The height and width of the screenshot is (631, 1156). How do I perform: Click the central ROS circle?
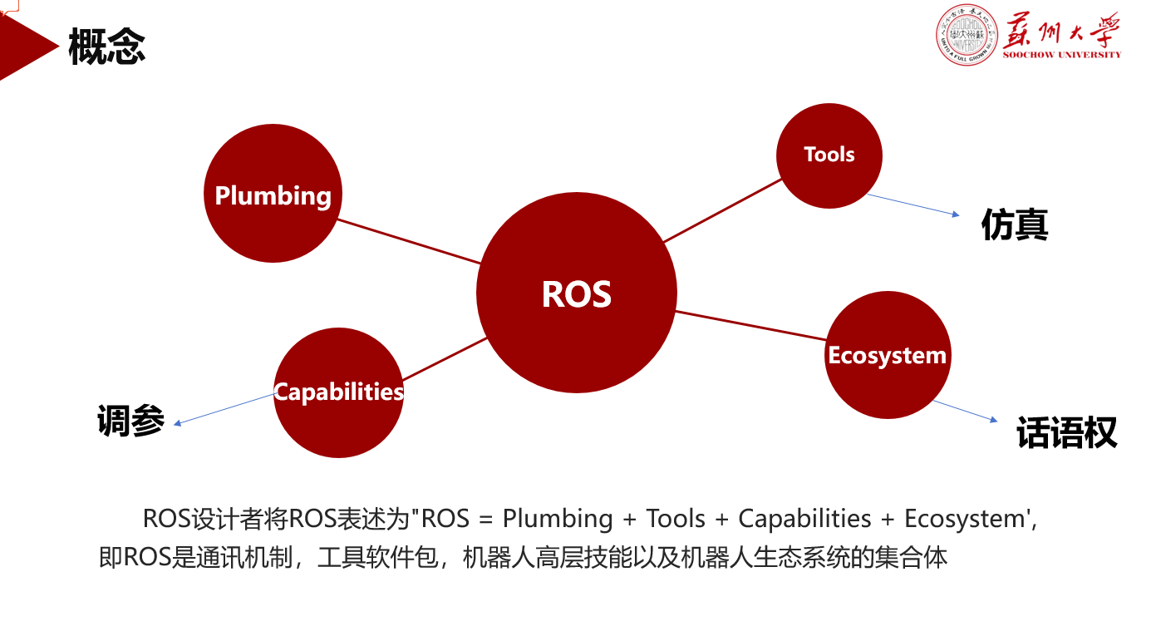(577, 293)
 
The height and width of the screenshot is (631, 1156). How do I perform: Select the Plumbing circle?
(273, 195)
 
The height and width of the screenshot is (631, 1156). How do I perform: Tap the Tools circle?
(829, 155)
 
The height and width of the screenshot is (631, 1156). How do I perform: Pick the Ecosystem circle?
(888, 355)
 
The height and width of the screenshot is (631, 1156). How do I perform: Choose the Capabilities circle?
(338, 392)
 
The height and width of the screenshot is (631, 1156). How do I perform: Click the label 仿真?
(1015, 224)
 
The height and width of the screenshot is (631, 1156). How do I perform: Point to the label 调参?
(130, 421)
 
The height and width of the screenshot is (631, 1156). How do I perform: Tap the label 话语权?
(1066, 432)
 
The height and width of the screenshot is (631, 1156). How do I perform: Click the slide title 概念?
(107, 47)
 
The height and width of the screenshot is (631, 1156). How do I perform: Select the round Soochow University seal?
(967, 35)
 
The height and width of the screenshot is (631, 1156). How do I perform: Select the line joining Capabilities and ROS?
(445, 358)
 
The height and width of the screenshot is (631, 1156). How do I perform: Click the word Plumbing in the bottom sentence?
(557, 519)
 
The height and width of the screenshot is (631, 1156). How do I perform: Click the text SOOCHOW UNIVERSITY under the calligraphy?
(1061, 55)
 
